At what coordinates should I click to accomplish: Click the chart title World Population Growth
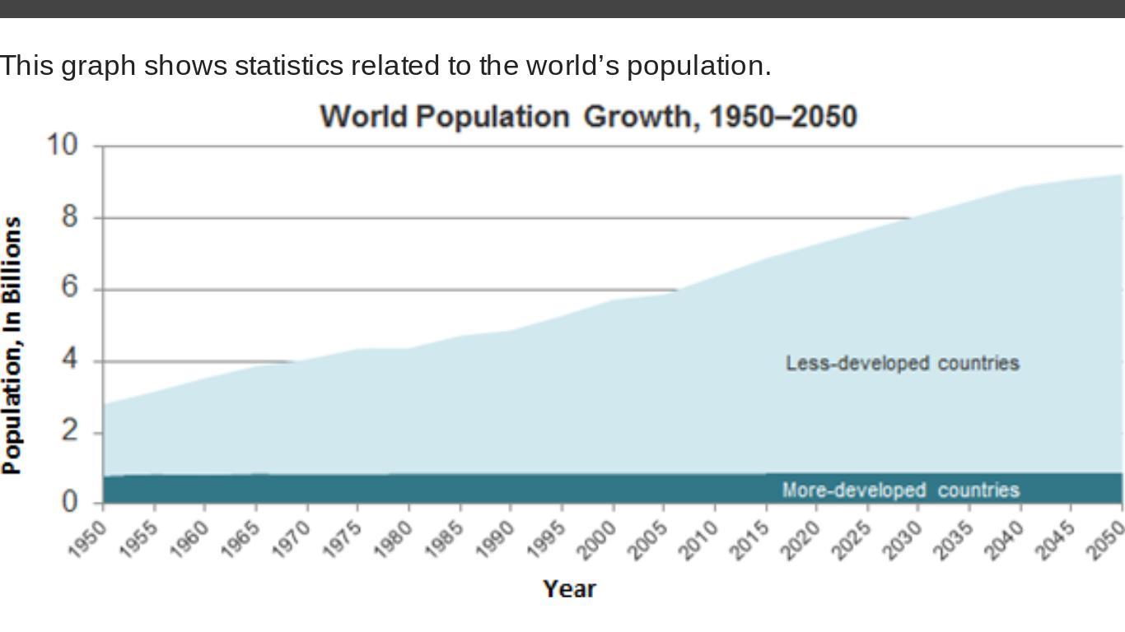point(588,117)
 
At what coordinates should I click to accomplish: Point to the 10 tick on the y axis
point(62,145)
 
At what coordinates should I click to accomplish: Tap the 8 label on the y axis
point(68,216)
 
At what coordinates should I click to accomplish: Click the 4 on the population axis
point(68,360)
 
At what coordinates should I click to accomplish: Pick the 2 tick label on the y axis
point(68,430)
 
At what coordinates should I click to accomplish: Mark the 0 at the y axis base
point(68,501)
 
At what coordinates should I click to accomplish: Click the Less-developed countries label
point(902,363)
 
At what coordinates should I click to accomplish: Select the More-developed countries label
point(900,490)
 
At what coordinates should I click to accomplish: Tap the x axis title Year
point(569,589)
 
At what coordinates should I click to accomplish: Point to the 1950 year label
point(88,539)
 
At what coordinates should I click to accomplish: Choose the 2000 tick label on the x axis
point(598,539)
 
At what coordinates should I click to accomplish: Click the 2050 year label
point(1108,539)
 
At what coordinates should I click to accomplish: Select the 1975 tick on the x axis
point(343,539)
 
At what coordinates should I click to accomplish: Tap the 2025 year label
point(852,539)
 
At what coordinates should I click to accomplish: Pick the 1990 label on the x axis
point(496,539)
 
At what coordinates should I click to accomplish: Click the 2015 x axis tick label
point(751,539)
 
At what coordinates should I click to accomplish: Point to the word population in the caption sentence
point(698,66)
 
